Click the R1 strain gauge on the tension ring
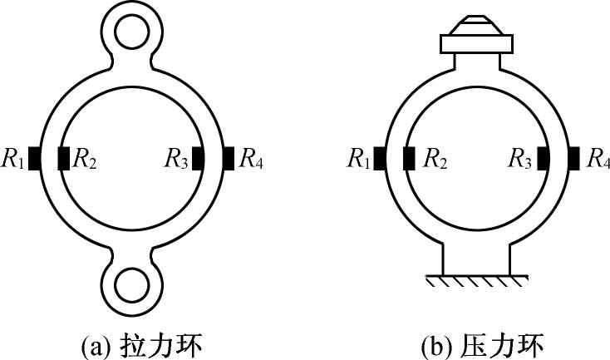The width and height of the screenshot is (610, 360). [35, 157]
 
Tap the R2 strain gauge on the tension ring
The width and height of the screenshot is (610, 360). [64, 157]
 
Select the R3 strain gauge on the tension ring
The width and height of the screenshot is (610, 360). [199, 157]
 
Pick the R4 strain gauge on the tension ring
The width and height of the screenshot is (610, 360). [228, 157]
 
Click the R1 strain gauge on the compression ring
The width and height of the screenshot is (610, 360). [378, 157]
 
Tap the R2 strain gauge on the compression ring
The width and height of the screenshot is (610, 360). [408, 157]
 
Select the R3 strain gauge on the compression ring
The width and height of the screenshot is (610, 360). [543, 157]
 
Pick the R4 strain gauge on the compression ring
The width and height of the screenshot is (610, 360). [573, 157]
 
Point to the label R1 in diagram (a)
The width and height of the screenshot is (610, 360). [13, 158]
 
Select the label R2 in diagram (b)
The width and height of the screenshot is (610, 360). [435, 158]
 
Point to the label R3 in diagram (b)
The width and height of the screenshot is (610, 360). [520, 158]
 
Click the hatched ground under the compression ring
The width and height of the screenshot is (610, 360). [475, 285]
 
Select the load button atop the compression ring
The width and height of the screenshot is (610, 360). [475, 33]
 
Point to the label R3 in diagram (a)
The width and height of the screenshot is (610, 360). [176, 158]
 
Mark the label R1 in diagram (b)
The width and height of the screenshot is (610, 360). [358, 158]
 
